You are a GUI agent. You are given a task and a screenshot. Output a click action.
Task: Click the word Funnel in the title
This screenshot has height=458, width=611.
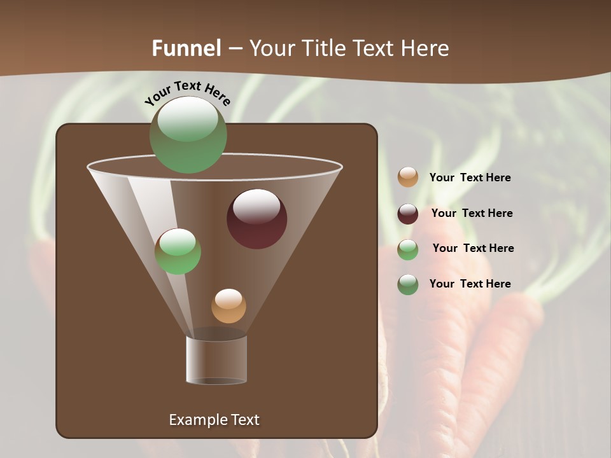tap(186, 48)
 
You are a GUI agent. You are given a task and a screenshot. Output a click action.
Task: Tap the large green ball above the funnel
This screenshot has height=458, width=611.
tap(188, 134)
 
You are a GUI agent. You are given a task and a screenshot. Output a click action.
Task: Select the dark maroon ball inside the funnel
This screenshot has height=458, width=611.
tap(256, 219)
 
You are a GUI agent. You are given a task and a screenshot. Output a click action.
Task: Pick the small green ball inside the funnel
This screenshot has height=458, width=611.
tap(178, 251)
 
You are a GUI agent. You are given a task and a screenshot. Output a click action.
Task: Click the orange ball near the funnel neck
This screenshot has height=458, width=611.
tap(228, 306)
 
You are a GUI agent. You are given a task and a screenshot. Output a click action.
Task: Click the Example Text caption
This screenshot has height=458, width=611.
tap(214, 420)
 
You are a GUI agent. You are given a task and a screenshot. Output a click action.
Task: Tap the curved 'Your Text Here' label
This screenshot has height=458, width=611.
tap(188, 92)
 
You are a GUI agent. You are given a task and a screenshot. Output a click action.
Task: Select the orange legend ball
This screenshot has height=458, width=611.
tap(408, 177)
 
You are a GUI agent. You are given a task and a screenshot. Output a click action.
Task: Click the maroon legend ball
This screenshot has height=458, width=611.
tap(408, 214)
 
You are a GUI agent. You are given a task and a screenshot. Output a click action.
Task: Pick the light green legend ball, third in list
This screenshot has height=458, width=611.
tap(408, 249)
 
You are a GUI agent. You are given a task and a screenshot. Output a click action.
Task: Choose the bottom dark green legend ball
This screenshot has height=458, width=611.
tap(408, 284)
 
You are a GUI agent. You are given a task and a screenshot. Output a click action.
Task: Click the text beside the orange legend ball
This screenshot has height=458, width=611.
tap(470, 177)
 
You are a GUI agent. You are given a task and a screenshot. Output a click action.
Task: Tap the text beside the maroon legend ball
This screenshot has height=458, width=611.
tap(472, 213)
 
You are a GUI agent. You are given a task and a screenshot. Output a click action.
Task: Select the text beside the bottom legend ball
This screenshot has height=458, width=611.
tap(470, 284)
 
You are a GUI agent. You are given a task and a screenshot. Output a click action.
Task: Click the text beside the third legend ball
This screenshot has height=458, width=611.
tap(473, 248)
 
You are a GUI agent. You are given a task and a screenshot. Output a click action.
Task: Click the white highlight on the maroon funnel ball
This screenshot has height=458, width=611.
tap(256, 206)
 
